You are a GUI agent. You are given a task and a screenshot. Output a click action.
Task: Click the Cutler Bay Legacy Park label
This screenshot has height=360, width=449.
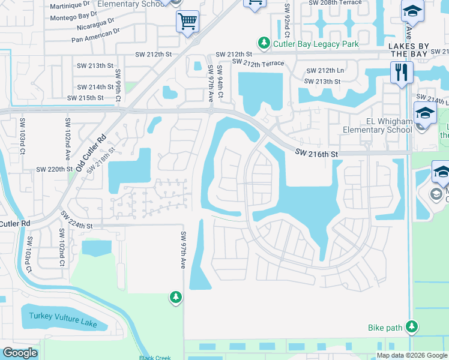[x=316, y=44]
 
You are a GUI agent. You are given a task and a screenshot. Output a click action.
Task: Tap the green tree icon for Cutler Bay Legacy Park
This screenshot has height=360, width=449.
[x=264, y=43]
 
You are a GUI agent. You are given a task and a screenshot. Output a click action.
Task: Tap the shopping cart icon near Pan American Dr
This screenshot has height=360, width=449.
[x=187, y=23]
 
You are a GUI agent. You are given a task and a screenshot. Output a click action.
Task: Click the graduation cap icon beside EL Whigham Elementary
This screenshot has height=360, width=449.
[x=425, y=114]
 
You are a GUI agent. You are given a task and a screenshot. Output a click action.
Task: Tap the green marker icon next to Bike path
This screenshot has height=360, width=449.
[x=412, y=327]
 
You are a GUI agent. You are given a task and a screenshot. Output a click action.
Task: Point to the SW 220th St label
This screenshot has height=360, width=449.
[x=54, y=170]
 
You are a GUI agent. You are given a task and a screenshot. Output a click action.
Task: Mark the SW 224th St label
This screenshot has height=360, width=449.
[x=77, y=226]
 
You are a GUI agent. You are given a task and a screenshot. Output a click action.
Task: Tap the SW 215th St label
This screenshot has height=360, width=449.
[x=86, y=98]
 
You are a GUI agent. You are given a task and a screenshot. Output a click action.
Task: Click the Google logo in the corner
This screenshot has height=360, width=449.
[x=20, y=353]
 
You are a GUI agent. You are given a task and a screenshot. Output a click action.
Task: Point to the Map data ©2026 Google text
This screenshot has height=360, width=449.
[x=412, y=355]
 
